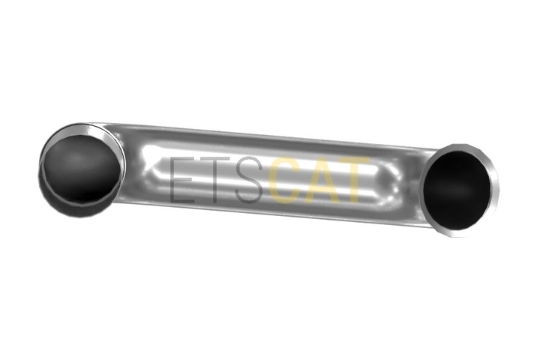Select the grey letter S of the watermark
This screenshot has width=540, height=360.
(x=249, y=180)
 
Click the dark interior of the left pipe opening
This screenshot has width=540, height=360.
(x=81, y=169)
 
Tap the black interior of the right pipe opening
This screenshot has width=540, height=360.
(x=457, y=190)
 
